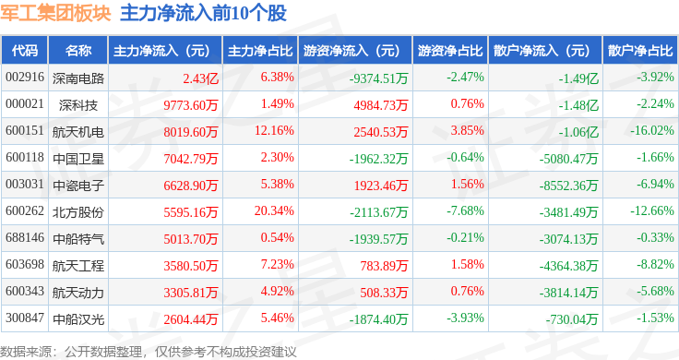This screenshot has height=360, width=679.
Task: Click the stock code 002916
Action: pyautogui.click(x=25, y=78)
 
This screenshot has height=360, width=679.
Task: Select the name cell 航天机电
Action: pyautogui.click(x=78, y=132)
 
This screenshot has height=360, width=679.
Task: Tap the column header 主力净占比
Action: pyautogui.click(x=260, y=51)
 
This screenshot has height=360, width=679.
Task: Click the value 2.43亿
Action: pyautogui.click(x=200, y=78)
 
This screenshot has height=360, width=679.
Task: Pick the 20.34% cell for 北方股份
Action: pyautogui.click(x=274, y=211)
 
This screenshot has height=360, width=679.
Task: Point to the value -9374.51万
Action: pyautogui.click(x=379, y=78)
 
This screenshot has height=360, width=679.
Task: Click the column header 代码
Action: pyautogui.click(x=25, y=51)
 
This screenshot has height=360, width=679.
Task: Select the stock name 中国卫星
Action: pyautogui.click(x=78, y=159)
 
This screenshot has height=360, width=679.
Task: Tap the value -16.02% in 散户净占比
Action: pyautogui.click(x=652, y=131)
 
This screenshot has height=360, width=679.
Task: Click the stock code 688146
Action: pyautogui.click(x=25, y=238)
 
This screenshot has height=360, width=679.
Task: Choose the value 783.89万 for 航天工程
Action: pyautogui.click(x=384, y=266)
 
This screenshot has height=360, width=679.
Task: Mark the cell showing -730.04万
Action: pyautogui.click(x=572, y=319)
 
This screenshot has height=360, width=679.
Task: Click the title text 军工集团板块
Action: pyautogui.click(x=55, y=13)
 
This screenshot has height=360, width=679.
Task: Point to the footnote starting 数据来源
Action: pyautogui.click(x=149, y=352)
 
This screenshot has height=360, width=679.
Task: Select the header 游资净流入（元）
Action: pyautogui.click(x=351, y=51)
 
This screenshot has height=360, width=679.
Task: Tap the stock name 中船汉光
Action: pyautogui.click(x=78, y=319)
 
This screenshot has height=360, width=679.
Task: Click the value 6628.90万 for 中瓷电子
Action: pyautogui.click(x=191, y=186)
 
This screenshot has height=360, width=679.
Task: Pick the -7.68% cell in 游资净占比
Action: pyautogui.click(x=465, y=211)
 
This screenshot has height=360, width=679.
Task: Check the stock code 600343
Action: pyautogui.click(x=25, y=291)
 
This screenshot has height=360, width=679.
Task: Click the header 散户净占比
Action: pyautogui.click(x=640, y=51)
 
